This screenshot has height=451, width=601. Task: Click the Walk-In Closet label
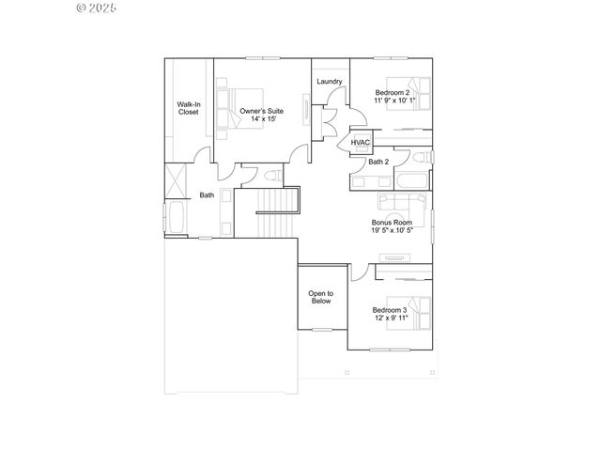pyautogui.click(x=189, y=108)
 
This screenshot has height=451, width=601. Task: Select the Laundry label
pyautogui.click(x=329, y=82)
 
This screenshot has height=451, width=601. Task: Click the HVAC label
pyautogui.click(x=362, y=143)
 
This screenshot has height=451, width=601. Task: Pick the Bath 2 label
pyautogui.click(x=378, y=162)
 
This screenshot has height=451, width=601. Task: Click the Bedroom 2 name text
pyautogui.click(x=392, y=92)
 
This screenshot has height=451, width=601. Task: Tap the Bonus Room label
pyautogui.click(x=392, y=223)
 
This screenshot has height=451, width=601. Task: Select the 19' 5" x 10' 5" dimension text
pyautogui.click(x=392, y=231)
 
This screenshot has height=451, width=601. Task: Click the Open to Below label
pyautogui.click(x=321, y=298)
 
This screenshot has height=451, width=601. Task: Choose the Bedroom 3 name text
pyautogui.click(x=389, y=310)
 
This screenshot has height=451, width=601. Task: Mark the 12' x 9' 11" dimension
pyautogui.click(x=389, y=319)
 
